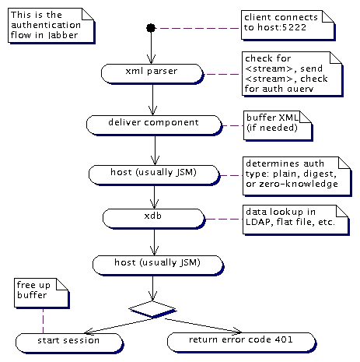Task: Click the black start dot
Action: (x=151, y=28)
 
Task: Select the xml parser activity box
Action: (x=152, y=74)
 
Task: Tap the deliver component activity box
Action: (x=154, y=125)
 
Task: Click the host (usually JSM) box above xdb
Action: (x=154, y=175)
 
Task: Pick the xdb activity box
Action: (x=154, y=219)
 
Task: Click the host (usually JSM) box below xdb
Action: (x=158, y=265)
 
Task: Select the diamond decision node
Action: (x=152, y=309)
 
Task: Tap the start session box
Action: (x=69, y=343)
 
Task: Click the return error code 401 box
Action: (x=242, y=343)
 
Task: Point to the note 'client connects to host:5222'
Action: (x=288, y=25)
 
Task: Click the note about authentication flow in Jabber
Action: (x=51, y=26)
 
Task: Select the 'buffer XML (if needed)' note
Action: (x=278, y=126)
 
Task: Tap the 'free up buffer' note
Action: (x=41, y=293)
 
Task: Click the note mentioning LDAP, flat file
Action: (x=295, y=220)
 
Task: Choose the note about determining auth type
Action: (x=297, y=176)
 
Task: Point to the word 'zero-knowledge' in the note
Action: (x=299, y=184)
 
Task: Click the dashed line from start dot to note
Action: (x=198, y=28)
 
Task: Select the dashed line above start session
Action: (x=43, y=321)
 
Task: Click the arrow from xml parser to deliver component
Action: (x=152, y=100)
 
